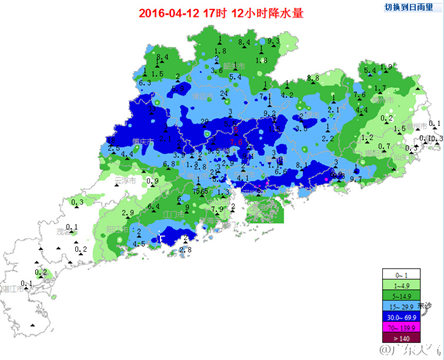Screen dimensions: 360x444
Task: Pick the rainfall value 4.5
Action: (x=139, y=243)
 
